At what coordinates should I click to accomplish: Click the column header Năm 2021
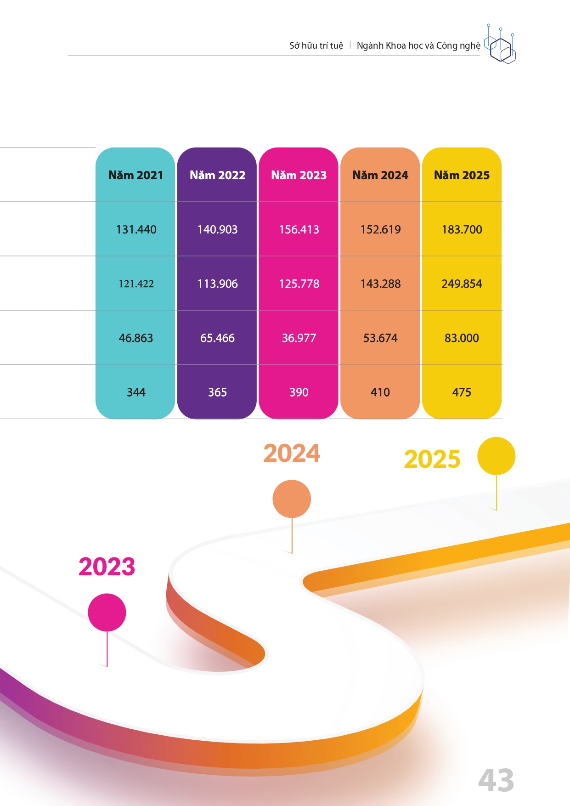coord(135,175)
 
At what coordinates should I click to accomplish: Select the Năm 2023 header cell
coord(299,175)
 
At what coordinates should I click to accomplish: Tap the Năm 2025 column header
coord(462,175)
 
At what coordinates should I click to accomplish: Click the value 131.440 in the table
coord(136,229)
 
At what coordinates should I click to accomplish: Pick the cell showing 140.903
coord(217,229)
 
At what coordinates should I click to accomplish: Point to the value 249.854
coord(462,284)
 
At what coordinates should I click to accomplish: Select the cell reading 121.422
coord(136,284)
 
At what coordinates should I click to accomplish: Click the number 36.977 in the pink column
coord(299,338)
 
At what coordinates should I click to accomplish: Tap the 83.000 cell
coord(462,338)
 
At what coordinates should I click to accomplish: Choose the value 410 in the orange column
coord(380,392)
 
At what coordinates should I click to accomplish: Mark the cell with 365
coord(217,392)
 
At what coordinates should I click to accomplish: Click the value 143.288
coord(380,284)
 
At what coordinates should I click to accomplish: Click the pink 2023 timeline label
coord(107,566)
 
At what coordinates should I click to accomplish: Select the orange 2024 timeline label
coord(292,453)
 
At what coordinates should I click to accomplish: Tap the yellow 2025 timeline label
coord(432,459)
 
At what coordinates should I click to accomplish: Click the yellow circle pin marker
coord(496,456)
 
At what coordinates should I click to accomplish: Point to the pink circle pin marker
coord(107,612)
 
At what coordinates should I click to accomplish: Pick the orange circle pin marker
coord(292,499)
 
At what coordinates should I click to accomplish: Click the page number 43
coord(496,780)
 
